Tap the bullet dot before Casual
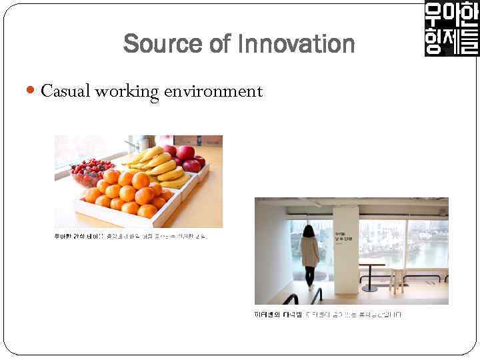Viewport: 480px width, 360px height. (33, 91)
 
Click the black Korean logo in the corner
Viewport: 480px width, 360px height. (451, 29)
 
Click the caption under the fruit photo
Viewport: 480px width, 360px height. (131, 236)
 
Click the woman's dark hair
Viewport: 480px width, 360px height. (309, 231)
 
